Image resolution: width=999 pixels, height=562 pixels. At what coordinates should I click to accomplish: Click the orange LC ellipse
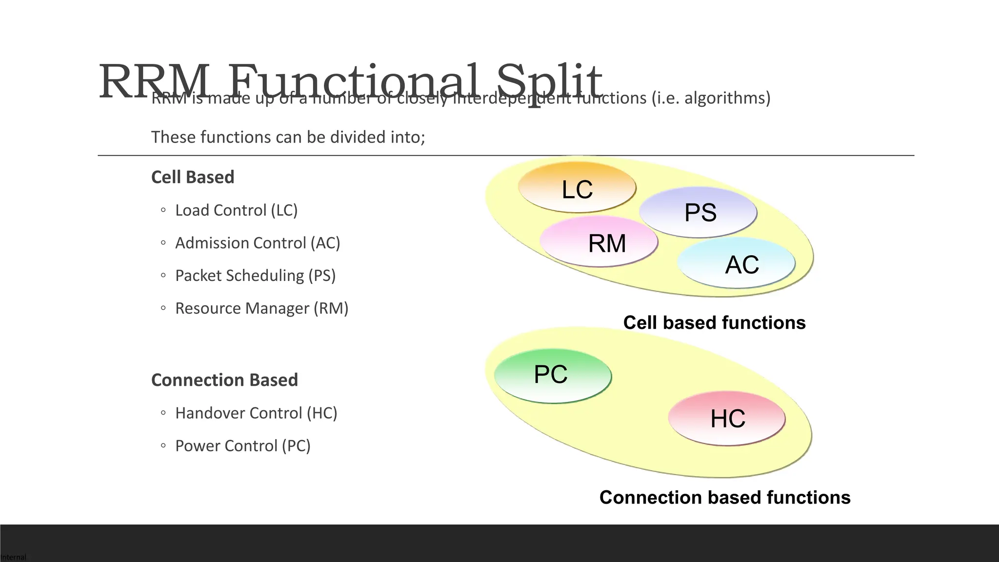[x=577, y=188]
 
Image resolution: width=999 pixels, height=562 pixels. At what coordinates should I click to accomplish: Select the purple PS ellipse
[x=699, y=212]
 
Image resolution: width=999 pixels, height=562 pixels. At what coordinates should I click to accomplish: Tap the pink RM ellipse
[x=599, y=242]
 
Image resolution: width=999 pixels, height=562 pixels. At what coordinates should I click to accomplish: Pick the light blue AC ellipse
[x=737, y=264]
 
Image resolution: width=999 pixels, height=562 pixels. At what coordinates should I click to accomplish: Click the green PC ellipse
[x=552, y=375]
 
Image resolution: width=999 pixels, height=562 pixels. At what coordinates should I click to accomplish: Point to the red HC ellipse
[x=727, y=419]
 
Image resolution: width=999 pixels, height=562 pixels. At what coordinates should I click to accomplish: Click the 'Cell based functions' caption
[x=714, y=323]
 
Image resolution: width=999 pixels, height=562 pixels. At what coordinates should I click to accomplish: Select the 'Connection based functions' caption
[x=725, y=498]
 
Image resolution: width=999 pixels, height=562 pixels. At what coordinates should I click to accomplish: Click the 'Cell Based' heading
[x=193, y=177]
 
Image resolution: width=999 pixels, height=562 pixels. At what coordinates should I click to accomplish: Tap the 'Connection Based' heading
[x=224, y=380]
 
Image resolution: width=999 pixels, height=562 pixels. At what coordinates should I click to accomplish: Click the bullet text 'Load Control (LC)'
[x=236, y=210]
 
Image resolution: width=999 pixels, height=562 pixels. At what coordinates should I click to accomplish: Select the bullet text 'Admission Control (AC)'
[x=258, y=243]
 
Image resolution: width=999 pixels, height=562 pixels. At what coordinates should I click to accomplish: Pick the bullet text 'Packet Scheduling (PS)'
[x=255, y=276]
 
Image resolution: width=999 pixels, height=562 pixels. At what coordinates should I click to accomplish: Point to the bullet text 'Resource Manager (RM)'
[x=261, y=308]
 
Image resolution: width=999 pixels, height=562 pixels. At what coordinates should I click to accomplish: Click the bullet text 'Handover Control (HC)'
[x=256, y=413]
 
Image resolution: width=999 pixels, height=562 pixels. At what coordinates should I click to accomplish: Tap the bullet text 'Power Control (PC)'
[x=242, y=446]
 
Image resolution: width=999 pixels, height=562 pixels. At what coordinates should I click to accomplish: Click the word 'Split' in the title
[x=549, y=80]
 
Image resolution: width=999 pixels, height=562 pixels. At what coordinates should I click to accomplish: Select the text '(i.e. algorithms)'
[x=711, y=98]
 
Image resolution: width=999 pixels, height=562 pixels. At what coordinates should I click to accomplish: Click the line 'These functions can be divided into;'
[x=288, y=137]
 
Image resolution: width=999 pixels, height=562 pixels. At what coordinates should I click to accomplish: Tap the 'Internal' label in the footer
[x=13, y=557]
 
